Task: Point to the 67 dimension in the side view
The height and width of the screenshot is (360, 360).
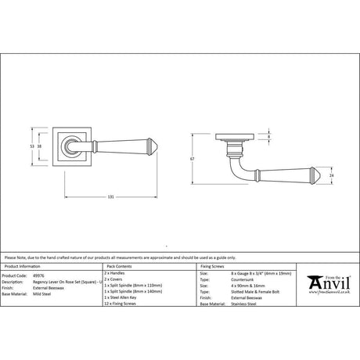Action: pyautogui.click(x=201, y=159)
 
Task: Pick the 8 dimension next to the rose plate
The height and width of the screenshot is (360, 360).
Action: pyautogui.click(x=269, y=138)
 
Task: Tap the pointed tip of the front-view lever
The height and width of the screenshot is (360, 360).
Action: pyautogui.click(x=153, y=146)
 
